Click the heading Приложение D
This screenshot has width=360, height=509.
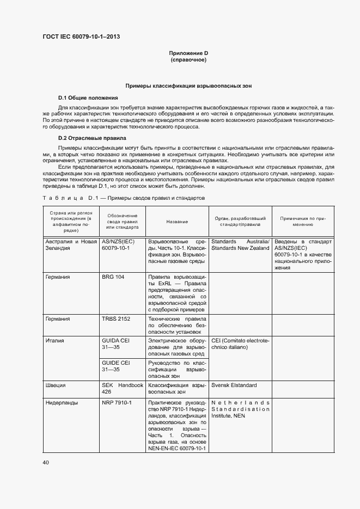(x=188, y=53)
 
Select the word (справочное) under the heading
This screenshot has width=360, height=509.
(x=188, y=60)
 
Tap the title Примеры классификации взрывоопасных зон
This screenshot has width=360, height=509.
(x=188, y=86)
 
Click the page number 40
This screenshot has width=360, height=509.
(x=46, y=462)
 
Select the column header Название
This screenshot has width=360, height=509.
(x=177, y=222)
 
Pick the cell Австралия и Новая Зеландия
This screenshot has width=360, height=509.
(x=70, y=244)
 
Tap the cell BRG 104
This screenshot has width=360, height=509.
(x=113, y=277)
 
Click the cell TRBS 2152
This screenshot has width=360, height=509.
(x=115, y=319)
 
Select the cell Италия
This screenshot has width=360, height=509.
(x=55, y=341)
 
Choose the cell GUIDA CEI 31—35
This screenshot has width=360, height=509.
(x=116, y=344)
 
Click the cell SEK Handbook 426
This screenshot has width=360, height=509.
(x=122, y=388)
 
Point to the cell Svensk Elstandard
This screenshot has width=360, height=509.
(x=234, y=385)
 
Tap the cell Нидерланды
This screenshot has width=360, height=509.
(x=62, y=403)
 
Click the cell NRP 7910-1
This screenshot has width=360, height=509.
(x=117, y=403)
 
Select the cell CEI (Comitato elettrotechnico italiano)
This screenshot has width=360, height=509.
(x=240, y=344)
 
